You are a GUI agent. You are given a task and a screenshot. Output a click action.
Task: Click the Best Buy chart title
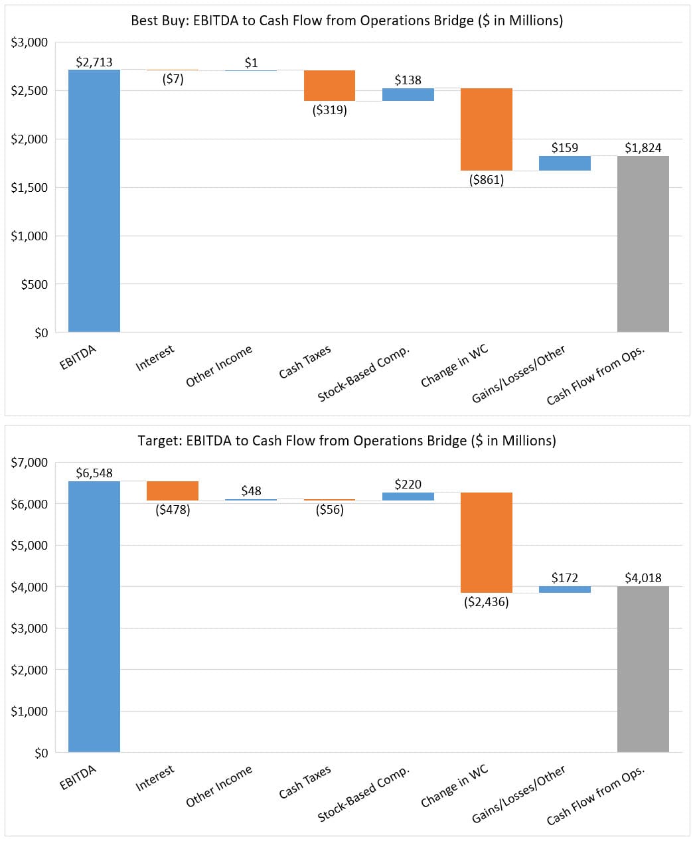coord(346,21)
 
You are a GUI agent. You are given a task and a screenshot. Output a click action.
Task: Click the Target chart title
coord(346,441)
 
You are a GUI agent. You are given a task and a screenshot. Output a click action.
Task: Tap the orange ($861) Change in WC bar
coord(487,129)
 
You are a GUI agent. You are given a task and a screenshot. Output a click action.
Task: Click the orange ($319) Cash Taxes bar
coord(329,85)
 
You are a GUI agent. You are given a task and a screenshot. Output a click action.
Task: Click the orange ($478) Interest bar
coord(173,491)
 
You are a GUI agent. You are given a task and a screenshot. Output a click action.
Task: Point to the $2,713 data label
coord(94,62)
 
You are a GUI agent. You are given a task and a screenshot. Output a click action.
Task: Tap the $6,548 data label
coord(94,473)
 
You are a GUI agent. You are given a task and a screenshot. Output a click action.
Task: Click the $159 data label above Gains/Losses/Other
coord(565,147)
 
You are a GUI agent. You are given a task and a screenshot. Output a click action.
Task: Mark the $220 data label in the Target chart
coord(408,485)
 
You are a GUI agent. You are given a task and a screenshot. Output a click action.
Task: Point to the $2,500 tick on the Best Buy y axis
coord(29,91)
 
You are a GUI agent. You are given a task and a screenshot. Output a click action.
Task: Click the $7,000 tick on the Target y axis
coord(29,462)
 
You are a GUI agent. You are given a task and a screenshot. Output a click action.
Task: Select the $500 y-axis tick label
coord(34,284)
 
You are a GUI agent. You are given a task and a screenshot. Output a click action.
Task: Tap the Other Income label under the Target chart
coord(220,786)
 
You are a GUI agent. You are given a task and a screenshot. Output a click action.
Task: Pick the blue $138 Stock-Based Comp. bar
coord(408,94)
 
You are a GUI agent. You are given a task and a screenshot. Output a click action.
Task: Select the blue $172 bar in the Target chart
coord(565,589)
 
